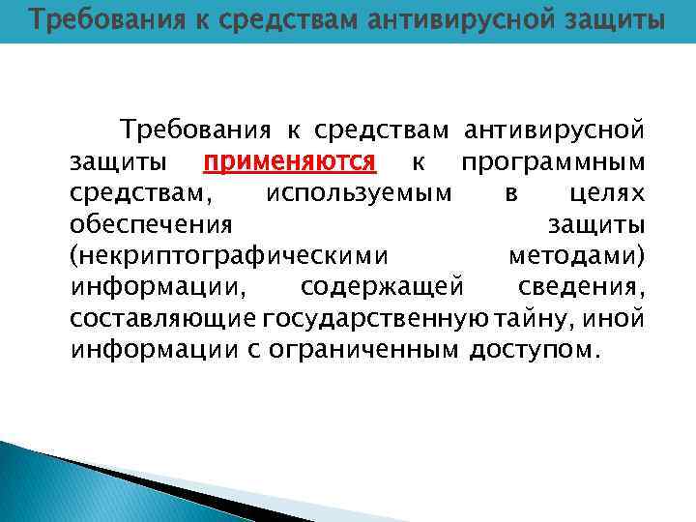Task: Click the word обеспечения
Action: [151, 224]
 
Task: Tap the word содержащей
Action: [384, 287]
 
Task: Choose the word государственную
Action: [376, 318]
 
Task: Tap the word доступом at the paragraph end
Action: [533, 349]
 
